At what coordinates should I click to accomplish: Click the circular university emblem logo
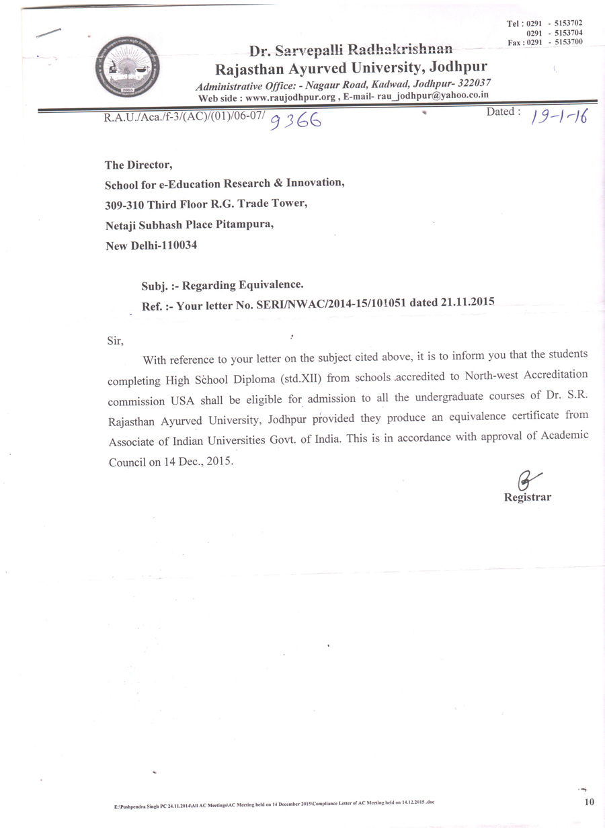click(x=120, y=68)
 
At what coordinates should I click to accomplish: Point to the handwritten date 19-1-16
click(x=559, y=118)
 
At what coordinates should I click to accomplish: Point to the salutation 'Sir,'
click(x=115, y=341)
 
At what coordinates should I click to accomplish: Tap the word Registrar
click(x=528, y=498)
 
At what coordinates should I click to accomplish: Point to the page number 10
click(x=590, y=801)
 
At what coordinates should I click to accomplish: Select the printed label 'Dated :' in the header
click(x=503, y=112)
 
